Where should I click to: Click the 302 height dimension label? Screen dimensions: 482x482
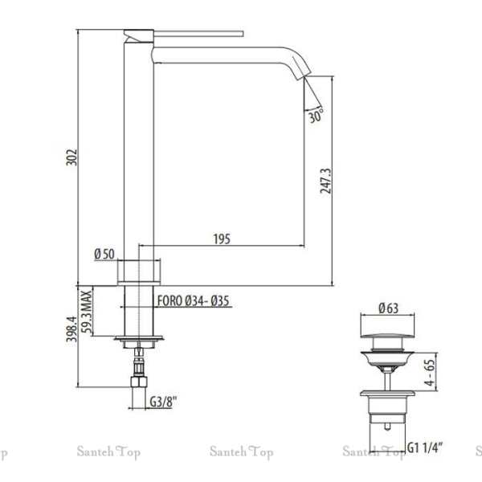[x=71, y=157]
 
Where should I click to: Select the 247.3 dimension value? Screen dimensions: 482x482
[x=326, y=181]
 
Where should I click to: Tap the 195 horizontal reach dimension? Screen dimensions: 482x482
[x=222, y=239]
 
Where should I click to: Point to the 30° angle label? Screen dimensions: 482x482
[x=316, y=116]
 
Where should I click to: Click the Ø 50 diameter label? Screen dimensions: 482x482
[x=104, y=254]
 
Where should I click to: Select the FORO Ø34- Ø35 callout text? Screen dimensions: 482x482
[x=194, y=301]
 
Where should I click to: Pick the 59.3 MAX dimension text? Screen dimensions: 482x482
[x=87, y=312]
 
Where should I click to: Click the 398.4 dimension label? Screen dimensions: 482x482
[x=71, y=329]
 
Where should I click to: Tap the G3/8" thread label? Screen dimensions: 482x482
[x=164, y=402]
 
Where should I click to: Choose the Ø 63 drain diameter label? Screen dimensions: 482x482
[x=389, y=308]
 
